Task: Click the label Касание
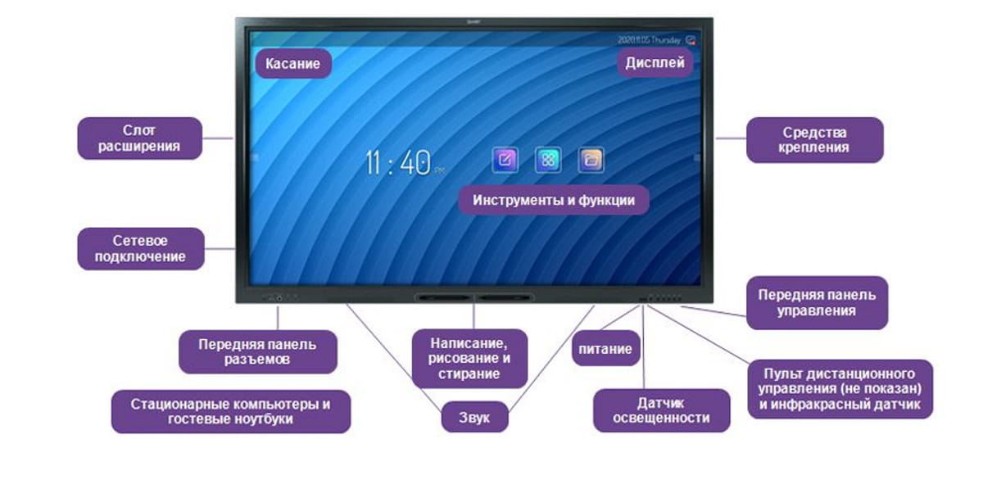[x=293, y=64]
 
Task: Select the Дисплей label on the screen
[x=655, y=62]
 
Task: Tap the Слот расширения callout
[x=139, y=138]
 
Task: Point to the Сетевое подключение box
[x=140, y=249]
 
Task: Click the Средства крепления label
[x=814, y=140]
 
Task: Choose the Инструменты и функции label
[x=554, y=200]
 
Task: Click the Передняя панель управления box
[x=817, y=303]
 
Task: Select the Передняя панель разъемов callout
[x=257, y=352]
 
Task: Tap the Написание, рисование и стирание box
[x=469, y=359]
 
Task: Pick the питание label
[x=605, y=349]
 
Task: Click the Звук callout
[x=474, y=417]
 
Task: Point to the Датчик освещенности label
[x=661, y=410]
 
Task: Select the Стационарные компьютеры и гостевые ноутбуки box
[x=231, y=411]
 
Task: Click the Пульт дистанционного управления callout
[x=840, y=389]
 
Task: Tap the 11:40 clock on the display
[x=398, y=163]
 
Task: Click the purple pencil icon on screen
[x=505, y=160]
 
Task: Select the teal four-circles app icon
[x=548, y=160]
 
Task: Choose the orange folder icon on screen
[x=591, y=160]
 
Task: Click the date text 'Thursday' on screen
[x=666, y=40]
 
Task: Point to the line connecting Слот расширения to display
[x=218, y=138]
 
